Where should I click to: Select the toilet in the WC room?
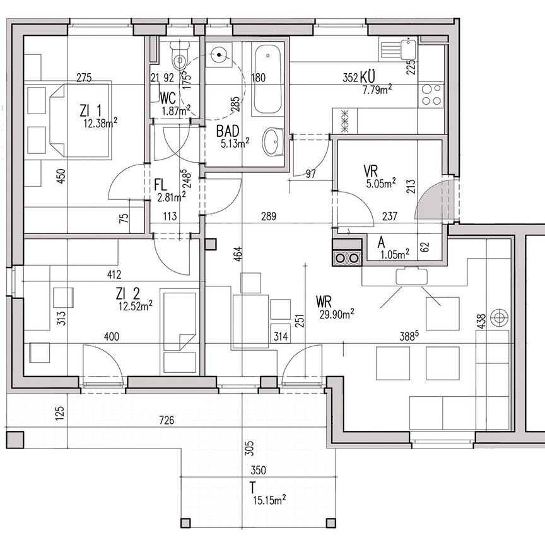click(180, 57)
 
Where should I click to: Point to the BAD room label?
click(227, 132)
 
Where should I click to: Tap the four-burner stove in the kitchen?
click(432, 95)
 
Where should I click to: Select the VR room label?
click(370, 171)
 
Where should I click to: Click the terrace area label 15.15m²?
click(267, 500)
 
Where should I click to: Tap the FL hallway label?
click(160, 185)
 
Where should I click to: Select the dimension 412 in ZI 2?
click(114, 274)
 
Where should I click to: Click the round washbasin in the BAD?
click(272, 143)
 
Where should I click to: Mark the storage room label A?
click(381, 242)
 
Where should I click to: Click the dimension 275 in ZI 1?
click(84, 78)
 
